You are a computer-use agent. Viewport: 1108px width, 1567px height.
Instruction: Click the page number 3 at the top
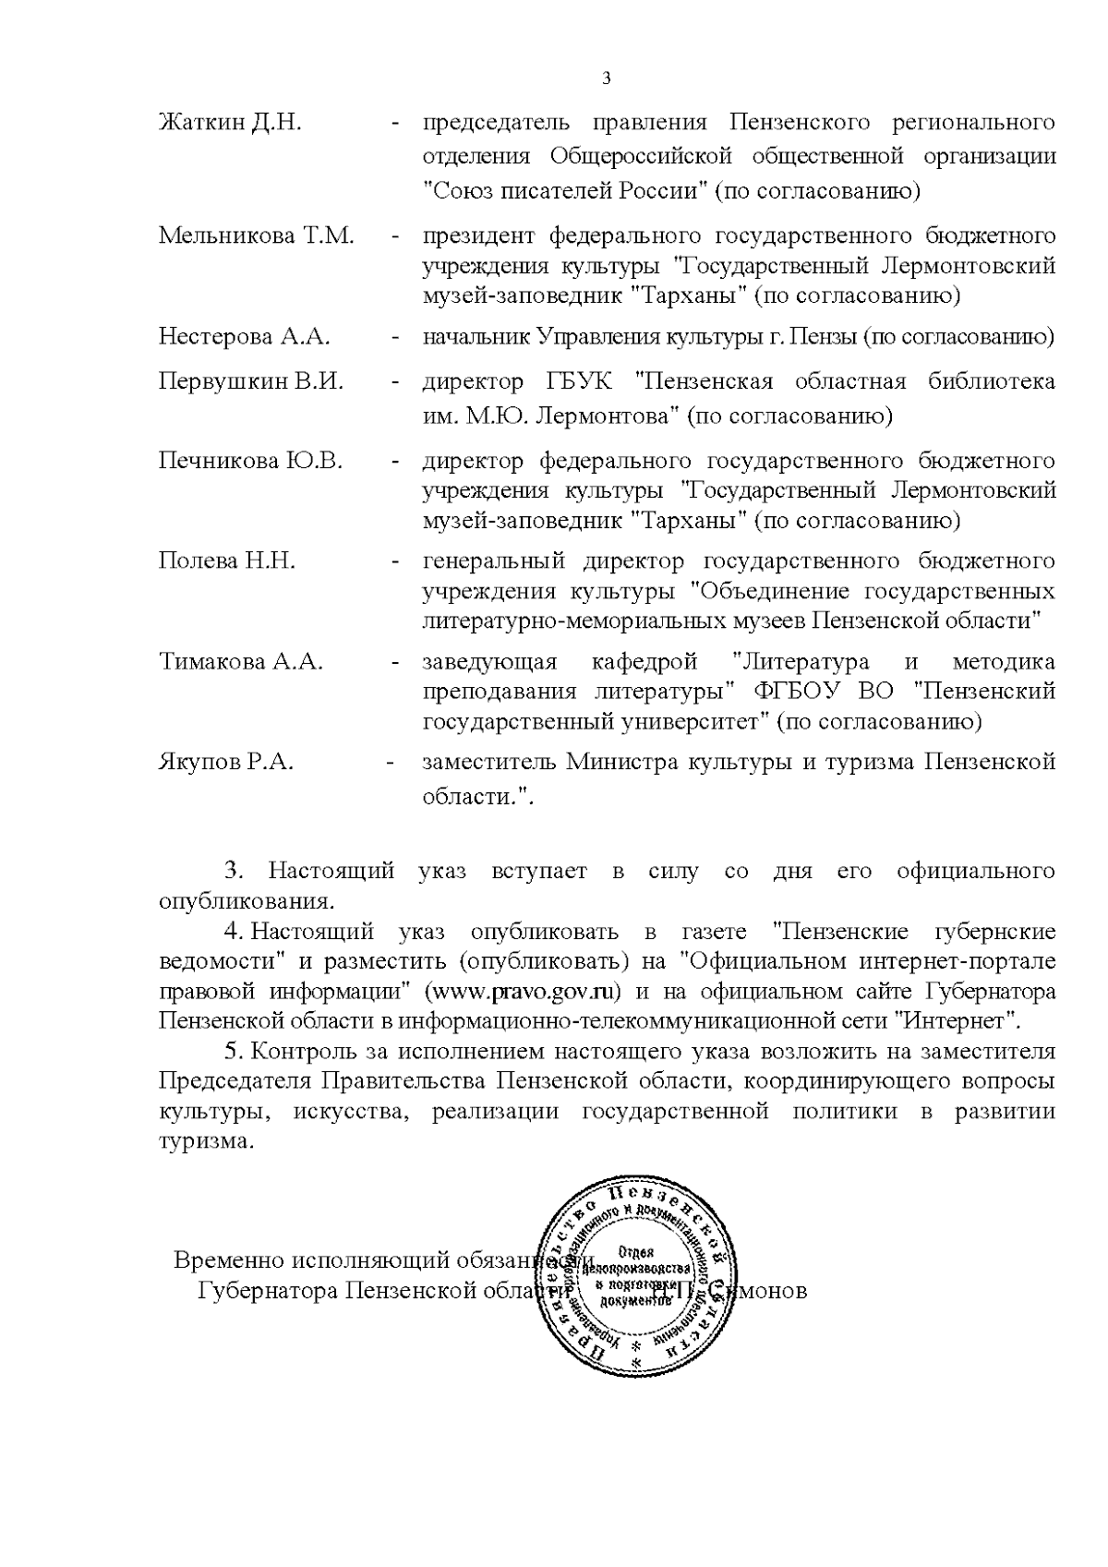606,78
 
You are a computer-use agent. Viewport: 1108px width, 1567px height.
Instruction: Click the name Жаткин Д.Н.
230,123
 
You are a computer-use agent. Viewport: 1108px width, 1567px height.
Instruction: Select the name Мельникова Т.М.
256,235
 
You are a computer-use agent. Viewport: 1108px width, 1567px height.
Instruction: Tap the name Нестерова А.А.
244,336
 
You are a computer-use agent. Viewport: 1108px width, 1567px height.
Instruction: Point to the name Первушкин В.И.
250,381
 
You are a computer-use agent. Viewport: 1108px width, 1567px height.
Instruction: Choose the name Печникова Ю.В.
250,461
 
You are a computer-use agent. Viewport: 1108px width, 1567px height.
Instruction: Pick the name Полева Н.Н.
227,561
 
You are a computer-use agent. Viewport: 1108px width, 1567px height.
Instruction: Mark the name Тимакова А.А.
240,662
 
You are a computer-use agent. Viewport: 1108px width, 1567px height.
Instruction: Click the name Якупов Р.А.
226,763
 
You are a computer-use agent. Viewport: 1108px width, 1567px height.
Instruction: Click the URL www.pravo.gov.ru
523,992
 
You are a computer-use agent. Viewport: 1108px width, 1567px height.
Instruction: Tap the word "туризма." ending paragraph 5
205,1141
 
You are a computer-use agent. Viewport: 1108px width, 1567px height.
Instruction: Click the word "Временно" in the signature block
231,1260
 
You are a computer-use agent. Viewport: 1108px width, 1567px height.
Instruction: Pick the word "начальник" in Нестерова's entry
476,337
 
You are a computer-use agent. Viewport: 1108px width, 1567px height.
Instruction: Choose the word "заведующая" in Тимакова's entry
489,662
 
